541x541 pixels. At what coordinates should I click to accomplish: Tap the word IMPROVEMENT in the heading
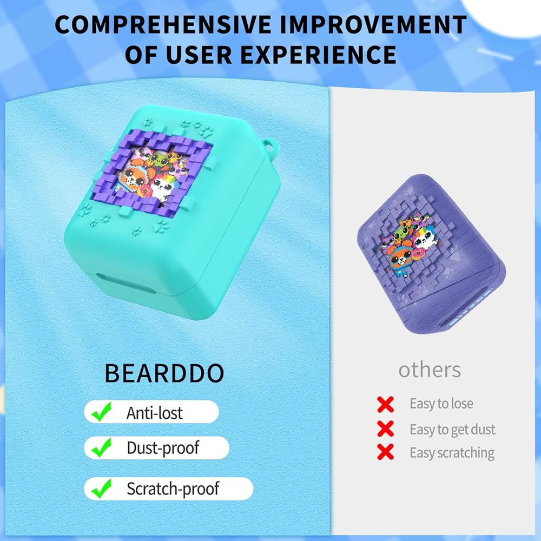(373, 25)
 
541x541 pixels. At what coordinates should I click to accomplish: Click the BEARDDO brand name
(164, 373)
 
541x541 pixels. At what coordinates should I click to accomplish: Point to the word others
(430, 370)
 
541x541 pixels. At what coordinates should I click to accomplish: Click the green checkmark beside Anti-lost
(102, 412)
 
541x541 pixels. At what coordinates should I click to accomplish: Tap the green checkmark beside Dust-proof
(102, 447)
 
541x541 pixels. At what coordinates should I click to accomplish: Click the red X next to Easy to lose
(385, 404)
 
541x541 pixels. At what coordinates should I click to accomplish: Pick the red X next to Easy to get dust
(385, 429)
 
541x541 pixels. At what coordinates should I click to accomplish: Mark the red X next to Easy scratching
(385, 452)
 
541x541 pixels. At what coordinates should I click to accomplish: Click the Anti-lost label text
(154, 413)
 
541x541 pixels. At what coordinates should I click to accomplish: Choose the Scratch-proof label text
(173, 489)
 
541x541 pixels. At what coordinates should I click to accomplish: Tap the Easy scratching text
(452, 453)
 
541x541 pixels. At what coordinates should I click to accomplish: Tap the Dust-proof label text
(163, 448)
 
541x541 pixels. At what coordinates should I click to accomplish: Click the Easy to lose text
(441, 404)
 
